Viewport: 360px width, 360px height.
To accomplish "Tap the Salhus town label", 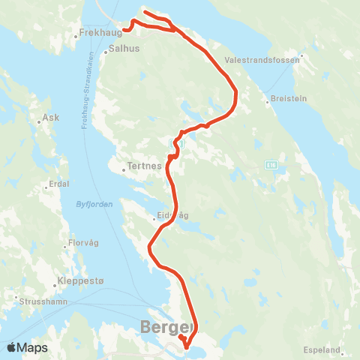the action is (124, 47).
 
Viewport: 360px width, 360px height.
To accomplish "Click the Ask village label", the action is (51, 118).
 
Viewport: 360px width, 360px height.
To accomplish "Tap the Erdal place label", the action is (58, 184).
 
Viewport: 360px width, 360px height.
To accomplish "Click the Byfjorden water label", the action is (93, 204).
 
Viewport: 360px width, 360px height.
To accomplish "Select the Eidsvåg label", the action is (172, 216).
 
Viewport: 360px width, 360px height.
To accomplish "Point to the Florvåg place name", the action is (83, 243).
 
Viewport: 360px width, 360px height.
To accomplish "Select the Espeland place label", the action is (323, 349).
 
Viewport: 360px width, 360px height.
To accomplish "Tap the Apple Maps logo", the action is (27, 347).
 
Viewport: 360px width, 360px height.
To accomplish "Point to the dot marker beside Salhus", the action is (105, 47).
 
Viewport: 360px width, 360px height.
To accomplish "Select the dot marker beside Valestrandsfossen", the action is (301, 55).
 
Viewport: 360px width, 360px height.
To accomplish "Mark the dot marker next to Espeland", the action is (343, 349).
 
